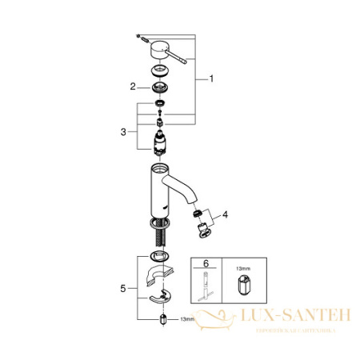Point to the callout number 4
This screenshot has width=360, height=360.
click(x=225, y=214)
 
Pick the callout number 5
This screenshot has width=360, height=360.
click(x=122, y=286)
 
